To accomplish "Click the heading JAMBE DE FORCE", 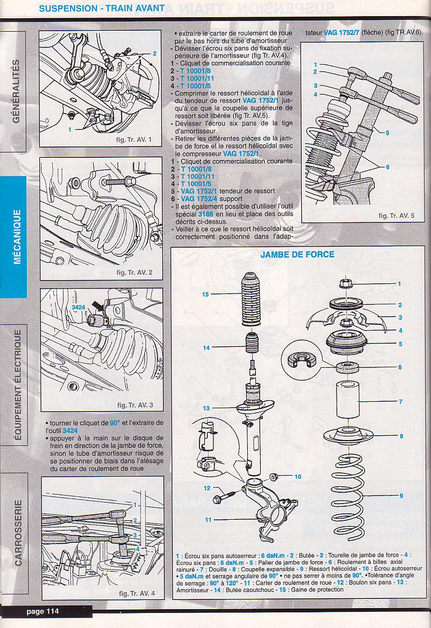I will [297, 254].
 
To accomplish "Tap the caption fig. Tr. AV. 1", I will [134, 141].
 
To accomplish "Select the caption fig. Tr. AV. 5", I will [397, 216].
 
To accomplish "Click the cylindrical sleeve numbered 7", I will [348, 400].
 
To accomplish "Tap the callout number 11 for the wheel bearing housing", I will [207, 520].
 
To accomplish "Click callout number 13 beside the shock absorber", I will [206, 408].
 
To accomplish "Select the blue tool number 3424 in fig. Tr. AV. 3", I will [79, 308].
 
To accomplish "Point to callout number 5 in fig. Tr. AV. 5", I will [387, 132].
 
